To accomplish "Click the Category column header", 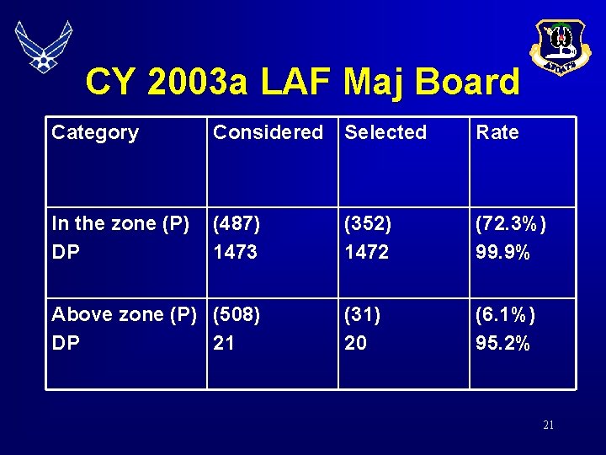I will point(95,132).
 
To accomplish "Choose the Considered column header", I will point(268,132).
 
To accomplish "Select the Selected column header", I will point(385,132).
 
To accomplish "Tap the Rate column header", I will point(497,132).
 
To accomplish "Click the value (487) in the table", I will point(237,223).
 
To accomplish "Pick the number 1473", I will point(235,252).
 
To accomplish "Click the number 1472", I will point(366,252).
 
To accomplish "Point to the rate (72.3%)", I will point(511,223).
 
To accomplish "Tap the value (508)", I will point(237,314).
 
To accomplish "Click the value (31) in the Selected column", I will point(363,314).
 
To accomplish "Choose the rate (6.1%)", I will point(505,314).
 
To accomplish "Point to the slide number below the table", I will point(548,426).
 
